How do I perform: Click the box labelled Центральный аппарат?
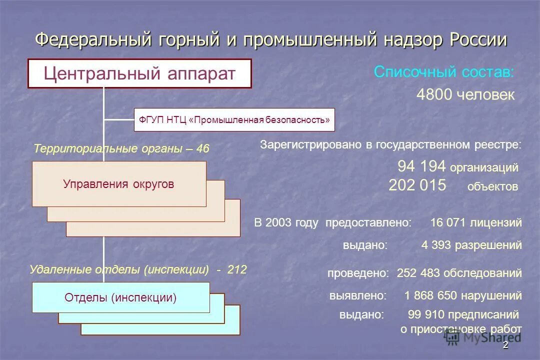pyautogui.click(x=139, y=73)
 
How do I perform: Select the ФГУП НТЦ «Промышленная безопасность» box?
pyautogui.click(x=234, y=120)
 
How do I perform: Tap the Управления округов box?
pyautogui.click(x=119, y=184)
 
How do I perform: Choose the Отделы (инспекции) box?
pyautogui.click(x=120, y=298)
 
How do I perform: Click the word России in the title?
pyautogui.click(x=478, y=40)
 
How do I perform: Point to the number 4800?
pyautogui.click(x=434, y=95)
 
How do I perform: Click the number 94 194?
pyautogui.click(x=421, y=166)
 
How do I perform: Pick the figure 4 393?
pyautogui.click(x=437, y=245)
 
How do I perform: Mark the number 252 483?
pyautogui.click(x=418, y=273)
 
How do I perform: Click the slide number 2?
pyautogui.click(x=505, y=345)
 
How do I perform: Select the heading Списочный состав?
pyautogui.click(x=443, y=72)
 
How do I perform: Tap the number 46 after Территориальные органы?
pyautogui.click(x=202, y=149)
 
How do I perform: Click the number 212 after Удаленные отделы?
pyautogui.click(x=237, y=270)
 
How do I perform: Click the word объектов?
pyautogui.click(x=492, y=187)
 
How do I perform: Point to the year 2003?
pyautogui.click(x=278, y=223)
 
